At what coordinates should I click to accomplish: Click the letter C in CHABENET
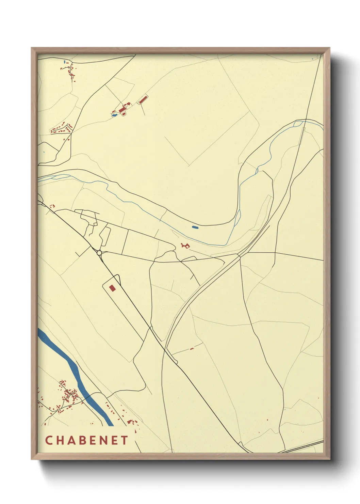[x=48, y=440]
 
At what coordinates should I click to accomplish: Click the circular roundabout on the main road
[x=99, y=253]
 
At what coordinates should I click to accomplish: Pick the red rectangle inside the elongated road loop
[x=112, y=288]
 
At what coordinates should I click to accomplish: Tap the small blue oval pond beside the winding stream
[x=195, y=227]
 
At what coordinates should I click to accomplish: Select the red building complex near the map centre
[x=185, y=245]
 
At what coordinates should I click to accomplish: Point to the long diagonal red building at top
[x=143, y=99]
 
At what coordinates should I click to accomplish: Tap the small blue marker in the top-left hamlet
[x=65, y=62]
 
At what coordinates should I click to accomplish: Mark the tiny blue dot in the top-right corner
[x=312, y=59]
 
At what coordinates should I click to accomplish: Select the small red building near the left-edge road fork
[x=52, y=206]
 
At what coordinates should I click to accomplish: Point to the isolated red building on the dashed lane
[x=192, y=348]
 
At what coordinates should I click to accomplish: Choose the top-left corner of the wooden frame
[x=33, y=49]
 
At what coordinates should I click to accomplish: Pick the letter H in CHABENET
[x=59, y=440]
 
